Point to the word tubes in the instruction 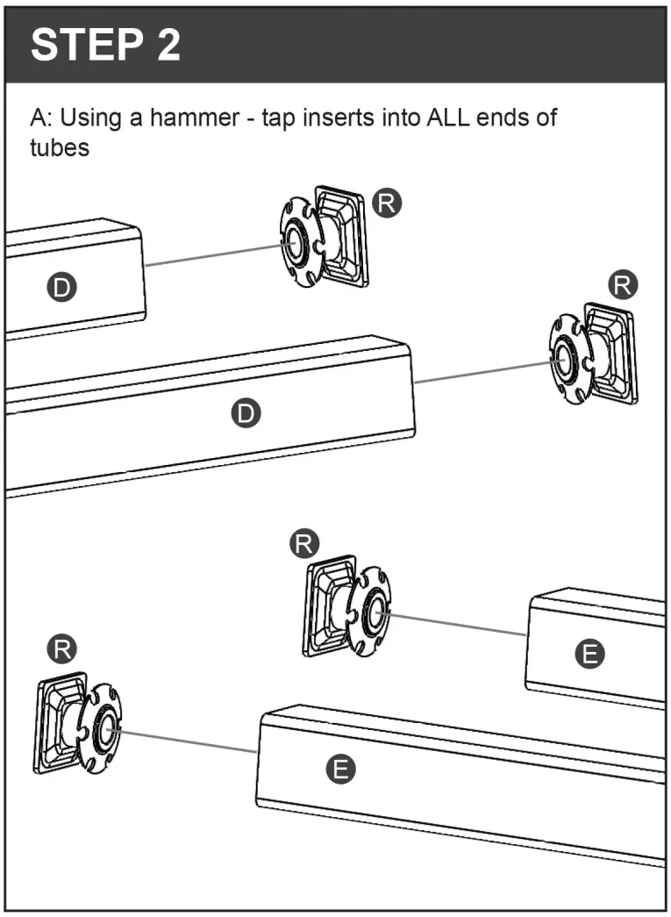(x=60, y=147)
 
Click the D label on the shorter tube (x=61, y=285)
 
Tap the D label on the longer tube (x=247, y=412)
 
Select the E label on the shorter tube (x=589, y=653)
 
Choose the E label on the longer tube (x=340, y=770)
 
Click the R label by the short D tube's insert (x=386, y=203)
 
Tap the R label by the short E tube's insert (x=303, y=544)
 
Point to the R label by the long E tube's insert (x=61, y=650)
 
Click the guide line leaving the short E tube (x=456, y=623)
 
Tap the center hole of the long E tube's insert (x=106, y=727)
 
